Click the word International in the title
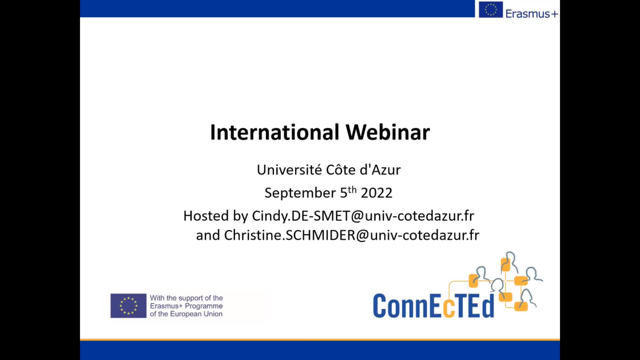[x=275, y=132]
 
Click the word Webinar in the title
[x=388, y=132]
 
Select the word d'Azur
[x=380, y=169]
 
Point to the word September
[x=300, y=193]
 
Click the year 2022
[x=376, y=193]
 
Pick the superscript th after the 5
[x=352, y=189]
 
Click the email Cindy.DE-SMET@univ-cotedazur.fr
[x=363, y=216]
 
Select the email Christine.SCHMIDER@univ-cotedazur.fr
[x=351, y=235]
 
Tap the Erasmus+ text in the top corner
[x=532, y=14]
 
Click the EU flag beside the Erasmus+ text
[x=491, y=9]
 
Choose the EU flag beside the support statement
[x=128, y=306]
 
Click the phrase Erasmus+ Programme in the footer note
[x=186, y=306]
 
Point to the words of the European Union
[x=186, y=314]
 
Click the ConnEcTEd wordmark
[x=434, y=306]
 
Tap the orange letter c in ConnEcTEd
[x=448, y=309]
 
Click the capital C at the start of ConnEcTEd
[x=380, y=306]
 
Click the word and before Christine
[x=208, y=236]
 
